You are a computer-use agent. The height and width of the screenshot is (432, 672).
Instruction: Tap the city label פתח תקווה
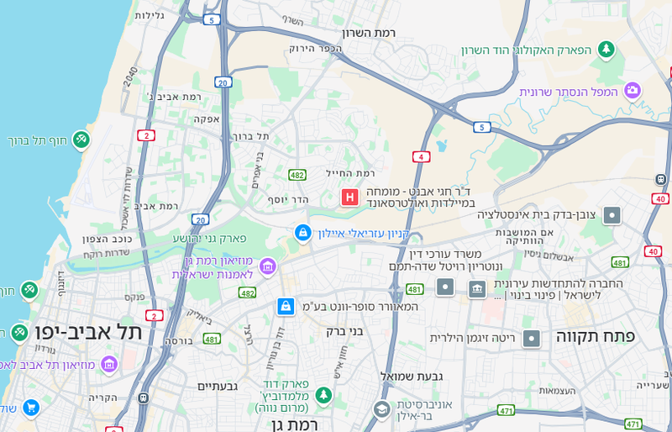(x=596, y=335)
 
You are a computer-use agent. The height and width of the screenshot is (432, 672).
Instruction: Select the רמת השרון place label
(x=369, y=32)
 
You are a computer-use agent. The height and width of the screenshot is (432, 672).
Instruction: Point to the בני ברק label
(x=344, y=331)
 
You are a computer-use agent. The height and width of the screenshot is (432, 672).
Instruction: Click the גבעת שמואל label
(x=412, y=376)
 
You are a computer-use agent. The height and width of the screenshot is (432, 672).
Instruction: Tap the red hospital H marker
(x=349, y=197)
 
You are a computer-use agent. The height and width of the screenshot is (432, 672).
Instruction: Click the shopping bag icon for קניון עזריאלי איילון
(x=303, y=233)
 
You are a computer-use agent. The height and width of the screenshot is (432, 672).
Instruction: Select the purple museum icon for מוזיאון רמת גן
(x=268, y=266)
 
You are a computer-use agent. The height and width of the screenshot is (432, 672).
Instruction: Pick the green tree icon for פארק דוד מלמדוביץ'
(x=323, y=395)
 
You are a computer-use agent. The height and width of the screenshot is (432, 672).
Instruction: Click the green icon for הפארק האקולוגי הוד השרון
(x=606, y=50)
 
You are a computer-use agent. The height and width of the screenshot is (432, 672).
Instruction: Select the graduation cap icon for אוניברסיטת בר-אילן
(x=381, y=409)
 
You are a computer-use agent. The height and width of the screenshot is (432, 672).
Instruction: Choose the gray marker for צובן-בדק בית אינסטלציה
(x=612, y=215)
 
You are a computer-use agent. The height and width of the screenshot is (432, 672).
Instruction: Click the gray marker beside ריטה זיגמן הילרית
(x=531, y=339)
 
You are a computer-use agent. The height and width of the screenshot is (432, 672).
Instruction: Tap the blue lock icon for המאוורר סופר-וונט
(x=286, y=307)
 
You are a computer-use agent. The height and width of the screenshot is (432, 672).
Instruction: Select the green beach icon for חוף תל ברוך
(x=81, y=140)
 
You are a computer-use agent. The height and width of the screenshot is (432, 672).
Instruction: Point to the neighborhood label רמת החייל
(x=350, y=173)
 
